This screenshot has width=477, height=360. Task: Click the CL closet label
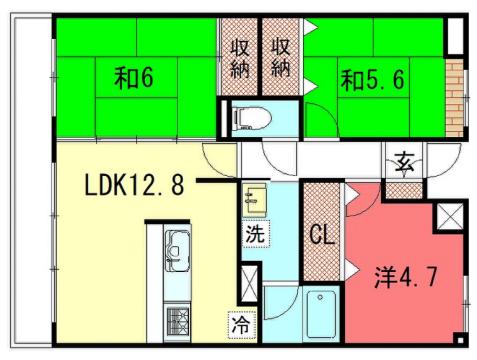click(321, 237)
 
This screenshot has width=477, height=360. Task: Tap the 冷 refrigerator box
click(240, 324)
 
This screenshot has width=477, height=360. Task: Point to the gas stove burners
click(178, 321)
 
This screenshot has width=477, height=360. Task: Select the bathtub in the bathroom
click(321, 316)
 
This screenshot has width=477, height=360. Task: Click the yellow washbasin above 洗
click(253, 198)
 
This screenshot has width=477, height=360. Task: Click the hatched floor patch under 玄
click(404, 188)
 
